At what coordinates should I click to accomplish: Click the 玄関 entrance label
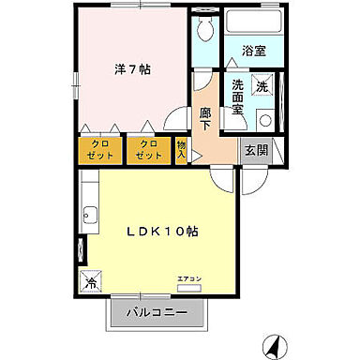[255, 149]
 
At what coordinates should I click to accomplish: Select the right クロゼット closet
[148, 149]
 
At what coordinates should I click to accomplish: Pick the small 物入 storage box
[182, 149]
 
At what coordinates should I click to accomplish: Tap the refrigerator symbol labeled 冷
[93, 280]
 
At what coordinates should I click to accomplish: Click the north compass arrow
[274, 347]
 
